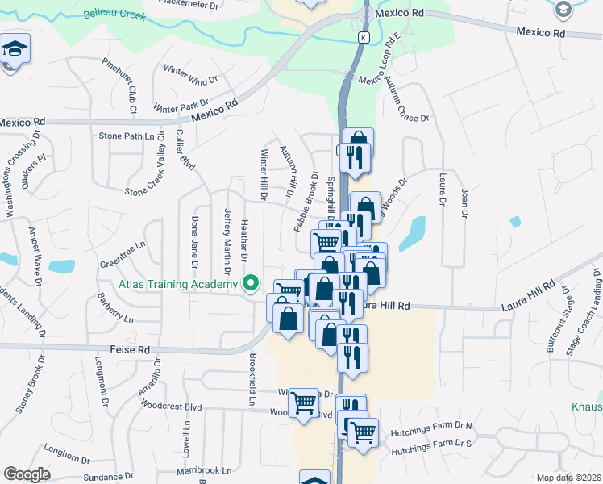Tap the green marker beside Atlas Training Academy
pos(250,283)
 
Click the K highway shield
pos(364,38)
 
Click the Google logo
pos(27,474)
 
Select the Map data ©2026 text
pos(568,478)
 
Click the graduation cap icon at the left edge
pos(14,49)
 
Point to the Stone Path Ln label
pos(126,136)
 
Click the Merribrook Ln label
pos(205,469)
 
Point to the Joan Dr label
pos(464,202)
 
